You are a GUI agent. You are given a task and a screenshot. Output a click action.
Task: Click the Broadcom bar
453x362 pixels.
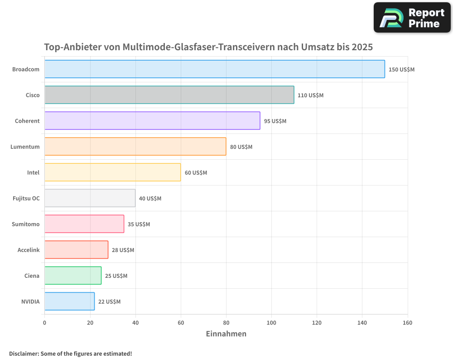coord(214,69)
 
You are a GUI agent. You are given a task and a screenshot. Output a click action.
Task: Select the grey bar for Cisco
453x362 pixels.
coord(169,95)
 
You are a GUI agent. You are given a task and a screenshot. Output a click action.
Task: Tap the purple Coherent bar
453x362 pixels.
coord(152,121)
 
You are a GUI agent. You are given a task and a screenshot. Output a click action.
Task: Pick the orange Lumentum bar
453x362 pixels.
coord(135,147)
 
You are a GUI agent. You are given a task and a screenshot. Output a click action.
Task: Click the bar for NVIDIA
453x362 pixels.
coord(69,301)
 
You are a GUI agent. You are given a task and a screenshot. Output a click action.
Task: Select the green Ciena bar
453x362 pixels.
coord(72,276)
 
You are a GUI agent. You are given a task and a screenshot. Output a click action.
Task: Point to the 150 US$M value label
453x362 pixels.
coord(401,70)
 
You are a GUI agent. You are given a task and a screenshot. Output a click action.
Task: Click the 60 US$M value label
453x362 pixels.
coord(196,173)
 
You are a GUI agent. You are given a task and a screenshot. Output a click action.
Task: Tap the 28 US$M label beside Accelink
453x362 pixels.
coord(123,250)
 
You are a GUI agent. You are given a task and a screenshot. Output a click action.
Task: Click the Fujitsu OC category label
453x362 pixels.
coord(26,198)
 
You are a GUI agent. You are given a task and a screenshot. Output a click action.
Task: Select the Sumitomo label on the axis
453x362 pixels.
coord(25,224)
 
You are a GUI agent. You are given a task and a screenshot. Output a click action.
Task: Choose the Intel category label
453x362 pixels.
coord(33,172)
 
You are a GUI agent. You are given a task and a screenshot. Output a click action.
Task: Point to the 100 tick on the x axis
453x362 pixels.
coord(271,323)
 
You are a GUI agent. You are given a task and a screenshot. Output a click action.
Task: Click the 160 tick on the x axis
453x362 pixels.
coord(407,323)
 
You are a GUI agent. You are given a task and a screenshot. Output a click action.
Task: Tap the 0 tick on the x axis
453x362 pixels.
coord(44,323)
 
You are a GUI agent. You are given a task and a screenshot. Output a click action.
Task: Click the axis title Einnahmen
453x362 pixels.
coord(226,334)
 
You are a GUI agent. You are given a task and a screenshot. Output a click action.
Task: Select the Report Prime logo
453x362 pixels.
coord(412,18)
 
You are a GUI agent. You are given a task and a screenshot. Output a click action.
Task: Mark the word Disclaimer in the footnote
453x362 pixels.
coord(24,353)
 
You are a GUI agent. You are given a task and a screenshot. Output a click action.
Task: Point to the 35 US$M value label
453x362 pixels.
coord(139,224)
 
